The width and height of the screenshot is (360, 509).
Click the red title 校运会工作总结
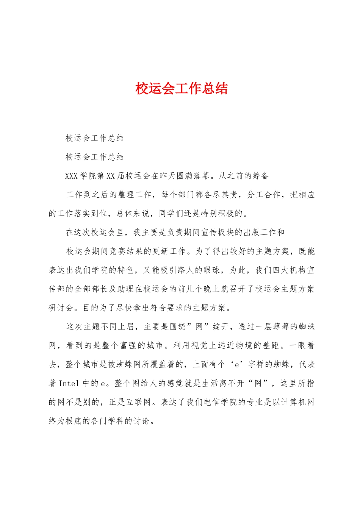(182, 89)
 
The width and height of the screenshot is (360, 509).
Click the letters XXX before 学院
(71, 176)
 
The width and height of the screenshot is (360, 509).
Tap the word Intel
(69, 384)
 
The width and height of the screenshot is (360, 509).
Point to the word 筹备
(260, 176)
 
